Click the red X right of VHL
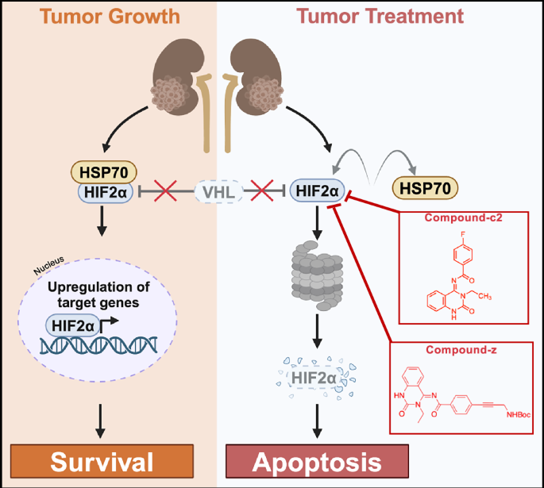point(263,190)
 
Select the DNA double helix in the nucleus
point(98,344)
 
